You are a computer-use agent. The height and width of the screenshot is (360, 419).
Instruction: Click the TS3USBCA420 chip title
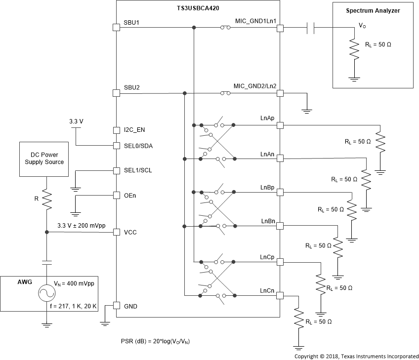coord(198,9)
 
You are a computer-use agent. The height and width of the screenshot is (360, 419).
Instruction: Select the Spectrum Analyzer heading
coord(373,10)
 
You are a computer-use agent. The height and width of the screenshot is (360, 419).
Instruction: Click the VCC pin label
coord(130,232)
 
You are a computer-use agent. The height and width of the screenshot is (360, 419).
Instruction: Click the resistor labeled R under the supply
coord(46,200)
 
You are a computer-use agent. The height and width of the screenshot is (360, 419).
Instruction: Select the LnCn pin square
coord(280,296)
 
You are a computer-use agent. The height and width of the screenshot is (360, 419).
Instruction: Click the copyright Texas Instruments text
coord(356,356)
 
